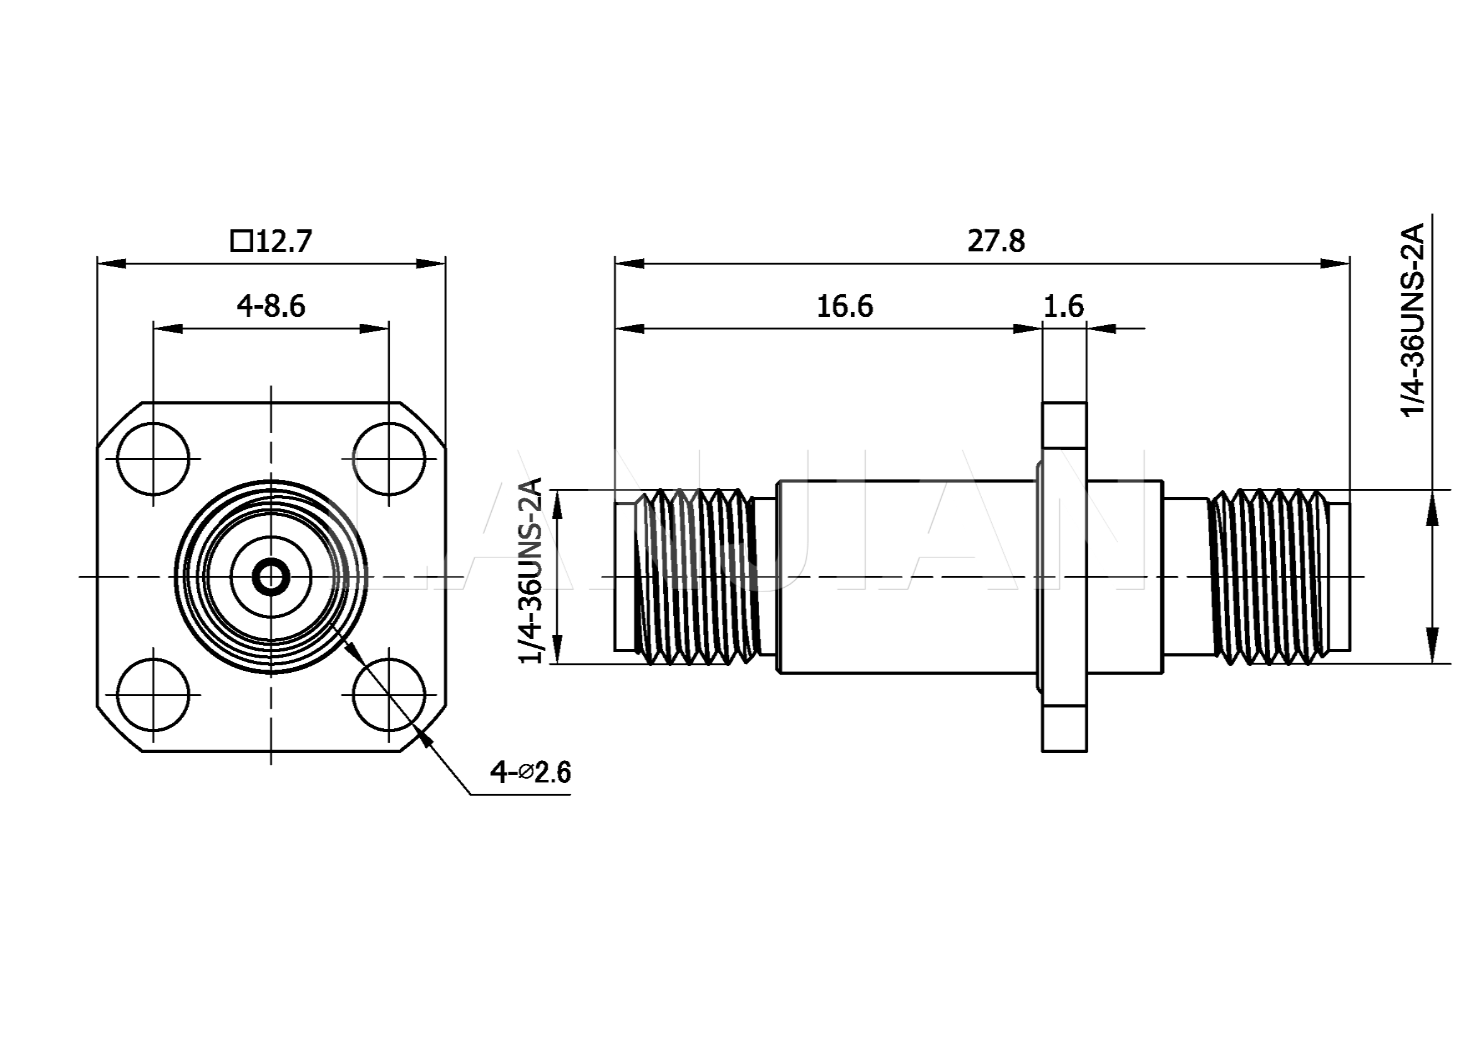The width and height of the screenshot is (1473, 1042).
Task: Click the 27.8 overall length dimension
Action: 996,242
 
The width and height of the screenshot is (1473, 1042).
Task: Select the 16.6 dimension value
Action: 845,307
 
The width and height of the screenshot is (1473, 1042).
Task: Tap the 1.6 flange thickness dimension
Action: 1064,307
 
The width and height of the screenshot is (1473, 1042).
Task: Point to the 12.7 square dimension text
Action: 283,242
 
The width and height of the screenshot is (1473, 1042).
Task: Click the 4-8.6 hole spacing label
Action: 271,307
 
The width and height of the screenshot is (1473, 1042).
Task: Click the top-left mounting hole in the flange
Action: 153,459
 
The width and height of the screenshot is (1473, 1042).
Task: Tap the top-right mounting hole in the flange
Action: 389,459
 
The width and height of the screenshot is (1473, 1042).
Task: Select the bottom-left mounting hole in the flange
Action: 153,694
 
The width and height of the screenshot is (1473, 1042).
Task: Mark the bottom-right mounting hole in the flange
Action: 389,694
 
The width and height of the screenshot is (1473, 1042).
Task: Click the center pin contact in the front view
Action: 271,577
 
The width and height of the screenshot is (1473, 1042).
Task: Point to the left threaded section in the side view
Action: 696,577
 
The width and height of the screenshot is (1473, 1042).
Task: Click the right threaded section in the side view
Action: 1267,577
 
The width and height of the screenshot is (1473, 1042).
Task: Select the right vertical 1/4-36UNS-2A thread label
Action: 1411,320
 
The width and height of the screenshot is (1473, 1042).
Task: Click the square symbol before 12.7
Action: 241,241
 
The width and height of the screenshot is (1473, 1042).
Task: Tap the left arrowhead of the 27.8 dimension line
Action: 628,263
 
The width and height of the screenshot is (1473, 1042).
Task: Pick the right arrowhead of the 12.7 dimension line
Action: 431,263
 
